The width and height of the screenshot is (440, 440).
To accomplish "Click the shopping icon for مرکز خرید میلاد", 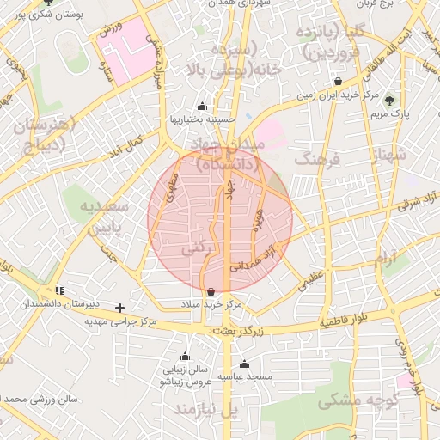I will coord(211,291).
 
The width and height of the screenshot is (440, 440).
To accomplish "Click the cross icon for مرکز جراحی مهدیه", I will coord(120,308).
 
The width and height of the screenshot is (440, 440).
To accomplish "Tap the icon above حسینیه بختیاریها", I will coord(201,107).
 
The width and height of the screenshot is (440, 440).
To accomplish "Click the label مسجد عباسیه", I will coord(245,376).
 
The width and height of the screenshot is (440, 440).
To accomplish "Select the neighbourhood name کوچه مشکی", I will coord(346,400).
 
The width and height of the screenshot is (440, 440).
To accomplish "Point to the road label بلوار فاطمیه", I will coord(350,322).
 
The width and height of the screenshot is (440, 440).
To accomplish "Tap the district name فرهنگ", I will coord(317,159).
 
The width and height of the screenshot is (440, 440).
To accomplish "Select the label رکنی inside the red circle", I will coord(194,247).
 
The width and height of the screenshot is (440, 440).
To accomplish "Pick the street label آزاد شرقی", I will coord(417,203).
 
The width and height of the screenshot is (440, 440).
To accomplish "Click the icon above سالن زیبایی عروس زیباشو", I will coord(184,356).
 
